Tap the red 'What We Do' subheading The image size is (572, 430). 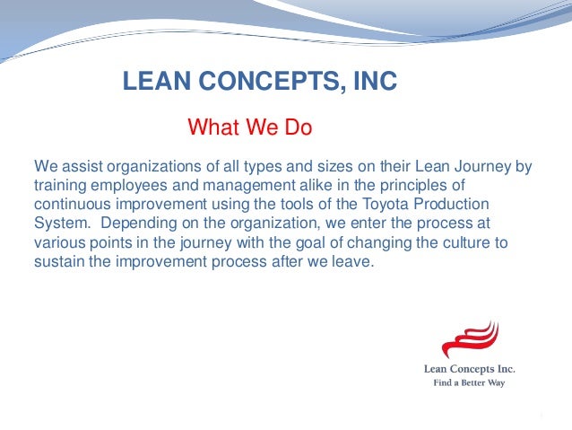pos(249,128)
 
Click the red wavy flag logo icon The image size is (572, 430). pos(469,340)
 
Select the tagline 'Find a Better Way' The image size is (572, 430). pos(470,383)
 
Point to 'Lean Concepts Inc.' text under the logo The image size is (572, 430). pos(470,368)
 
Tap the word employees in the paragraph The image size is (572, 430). pos(126,186)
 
